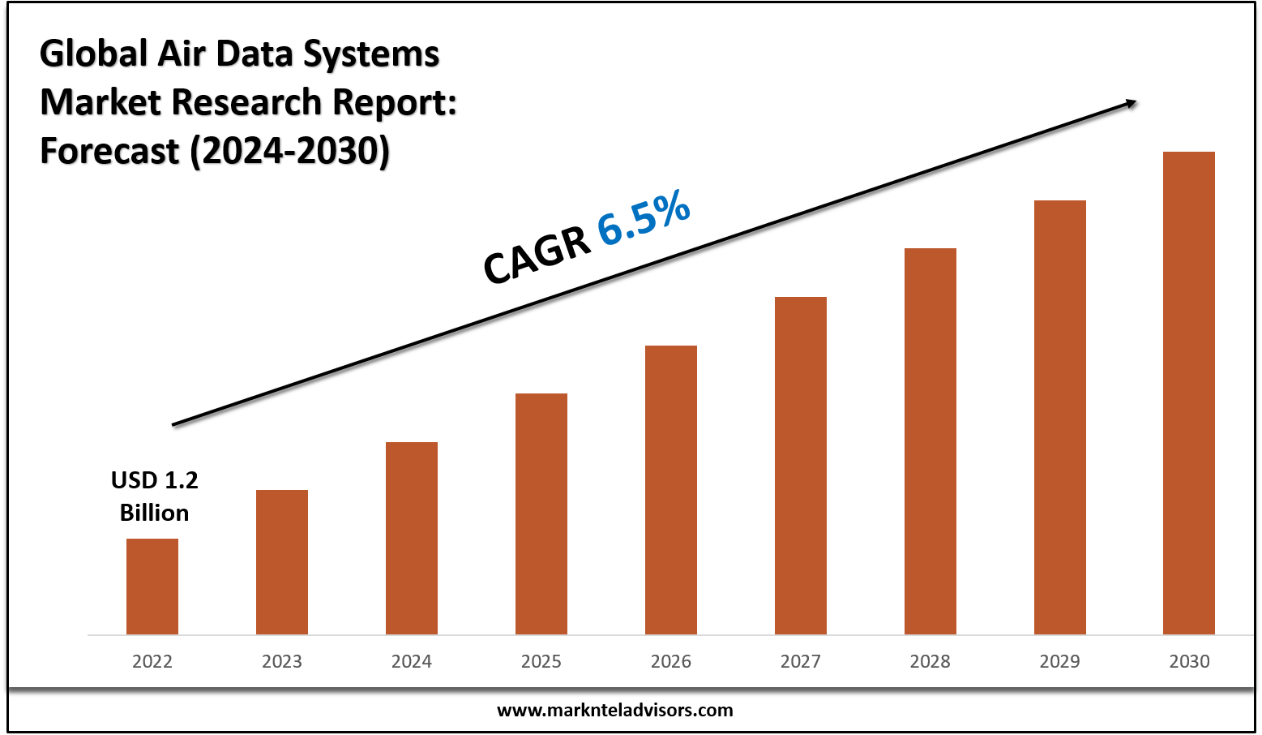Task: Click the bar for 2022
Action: [152, 587]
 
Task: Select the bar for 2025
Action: [541, 514]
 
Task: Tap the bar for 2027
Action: [801, 466]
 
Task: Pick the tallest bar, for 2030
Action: [1188, 393]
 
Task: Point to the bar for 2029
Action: [1059, 417]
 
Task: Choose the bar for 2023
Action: [282, 562]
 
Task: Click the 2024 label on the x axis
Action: [412, 662]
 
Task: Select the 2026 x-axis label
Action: [671, 662]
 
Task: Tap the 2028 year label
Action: [930, 662]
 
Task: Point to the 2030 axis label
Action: [1189, 662]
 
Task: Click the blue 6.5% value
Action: [644, 217]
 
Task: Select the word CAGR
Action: [537, 255]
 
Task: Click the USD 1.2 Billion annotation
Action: [154, 496]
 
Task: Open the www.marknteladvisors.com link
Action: [614, 711]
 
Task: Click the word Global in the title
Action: [94, 54]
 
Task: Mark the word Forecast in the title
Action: [109, 152]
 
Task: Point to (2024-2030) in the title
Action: [290, 152]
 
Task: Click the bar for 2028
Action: [930, 441]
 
